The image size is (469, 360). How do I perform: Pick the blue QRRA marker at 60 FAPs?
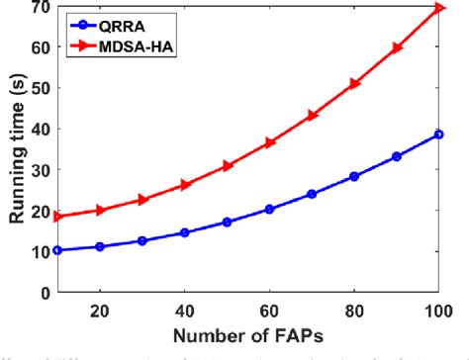click(x=269, y=209)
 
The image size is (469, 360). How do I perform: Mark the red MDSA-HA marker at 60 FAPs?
click(x=269, y=142)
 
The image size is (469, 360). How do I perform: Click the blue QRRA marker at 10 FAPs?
click(x=56, y=250)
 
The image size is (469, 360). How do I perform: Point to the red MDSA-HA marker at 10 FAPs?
click(x=56, y=216)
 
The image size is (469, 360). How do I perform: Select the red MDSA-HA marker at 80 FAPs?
click(x=354, y=84)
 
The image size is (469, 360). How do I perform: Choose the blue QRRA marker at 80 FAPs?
click(x=354, y=176)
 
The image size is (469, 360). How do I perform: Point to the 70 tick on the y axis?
click(x=41, y=7)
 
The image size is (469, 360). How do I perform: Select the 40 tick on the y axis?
click(x=41, y=130)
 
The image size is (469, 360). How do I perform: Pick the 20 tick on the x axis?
click(x=99, y=309)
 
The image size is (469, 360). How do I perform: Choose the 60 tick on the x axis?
click(x=269, y=309)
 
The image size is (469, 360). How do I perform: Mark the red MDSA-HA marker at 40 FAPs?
click(x=184, y=185)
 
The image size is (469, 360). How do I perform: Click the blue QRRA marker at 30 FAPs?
click(x=141, y=240)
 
